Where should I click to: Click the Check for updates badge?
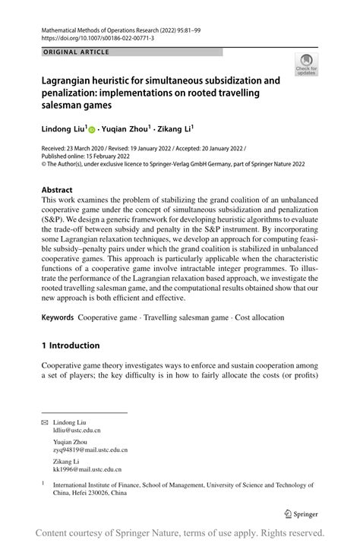pyautogui.click(x=308, y=66)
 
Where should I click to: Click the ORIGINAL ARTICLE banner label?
pyautogui.click(x=76, y=52)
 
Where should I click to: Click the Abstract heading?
pyautogui.click(x=57, y=190)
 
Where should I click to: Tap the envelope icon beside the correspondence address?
pyautogui.click(x=45, y=420)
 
